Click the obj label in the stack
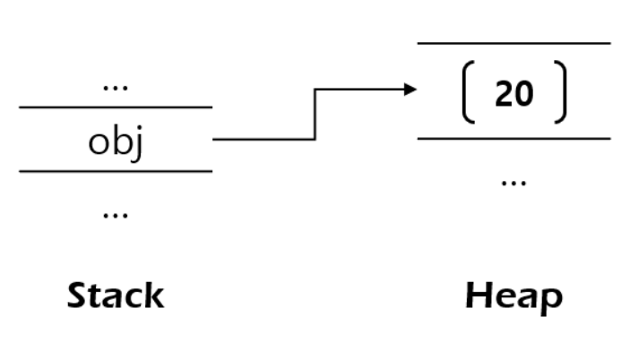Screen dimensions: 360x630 116,141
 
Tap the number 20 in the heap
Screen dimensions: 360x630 513,94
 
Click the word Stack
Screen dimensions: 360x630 117,296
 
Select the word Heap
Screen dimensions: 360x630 513,296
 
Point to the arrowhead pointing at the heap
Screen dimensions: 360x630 410,89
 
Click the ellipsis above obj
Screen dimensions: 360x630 116,88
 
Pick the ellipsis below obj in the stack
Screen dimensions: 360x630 116,216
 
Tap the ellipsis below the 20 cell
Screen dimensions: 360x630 513,182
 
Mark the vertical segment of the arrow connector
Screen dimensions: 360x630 315,114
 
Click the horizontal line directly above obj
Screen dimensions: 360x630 116,107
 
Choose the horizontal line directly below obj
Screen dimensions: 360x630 116,171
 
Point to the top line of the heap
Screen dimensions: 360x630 513,42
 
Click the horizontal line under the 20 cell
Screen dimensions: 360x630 513,139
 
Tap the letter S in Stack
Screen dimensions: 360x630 79,296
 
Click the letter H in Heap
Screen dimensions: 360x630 479,296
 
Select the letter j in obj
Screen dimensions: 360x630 138,143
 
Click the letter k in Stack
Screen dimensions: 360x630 153,296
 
